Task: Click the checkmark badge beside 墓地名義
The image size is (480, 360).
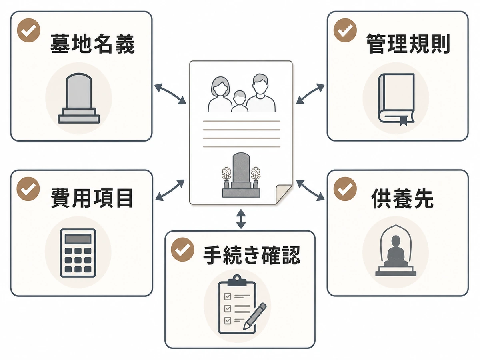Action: pos(29,30)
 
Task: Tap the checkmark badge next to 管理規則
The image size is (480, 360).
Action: pos(345,30)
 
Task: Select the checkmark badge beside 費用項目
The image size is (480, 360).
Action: pos(28,189)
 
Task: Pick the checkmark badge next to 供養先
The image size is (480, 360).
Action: pos(345,189)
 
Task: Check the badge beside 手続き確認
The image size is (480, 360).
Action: pos(182,249)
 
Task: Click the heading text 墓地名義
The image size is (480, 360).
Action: pos(92,44)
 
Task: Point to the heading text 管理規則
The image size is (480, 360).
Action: pos(408,44)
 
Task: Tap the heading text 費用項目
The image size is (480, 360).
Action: pos(92,198)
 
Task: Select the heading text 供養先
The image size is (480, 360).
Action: pos(402,198)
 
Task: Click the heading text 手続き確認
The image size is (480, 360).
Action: pos(252,255)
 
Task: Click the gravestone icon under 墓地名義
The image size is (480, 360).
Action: pos(79,98)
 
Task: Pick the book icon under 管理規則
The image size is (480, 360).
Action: pos(396,100)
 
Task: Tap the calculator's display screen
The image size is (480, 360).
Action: pos(78,239)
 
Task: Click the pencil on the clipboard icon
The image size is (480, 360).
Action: pos(255,316)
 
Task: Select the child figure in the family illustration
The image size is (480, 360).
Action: pos(240,102)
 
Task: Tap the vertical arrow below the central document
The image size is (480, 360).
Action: pos(241,219)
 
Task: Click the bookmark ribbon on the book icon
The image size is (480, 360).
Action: pos(404,121)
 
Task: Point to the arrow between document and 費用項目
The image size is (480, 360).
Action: pos(170,190)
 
